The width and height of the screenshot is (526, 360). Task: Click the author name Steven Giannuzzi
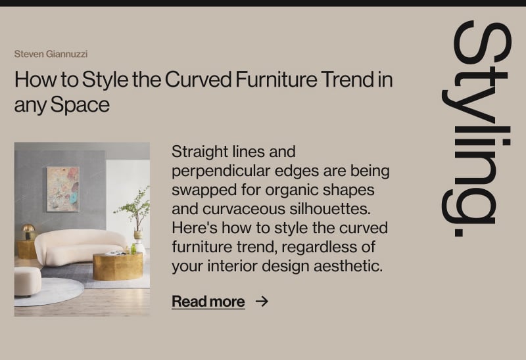tap(51, 54)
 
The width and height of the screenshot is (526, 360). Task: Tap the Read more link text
tap(208, 302)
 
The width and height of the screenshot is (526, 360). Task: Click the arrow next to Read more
tap(262, 302)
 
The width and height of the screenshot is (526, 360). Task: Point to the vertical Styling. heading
tap(476, 129)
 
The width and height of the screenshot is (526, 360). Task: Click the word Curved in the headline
tap(198, 79)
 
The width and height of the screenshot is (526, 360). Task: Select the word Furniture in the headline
tap(276, 79)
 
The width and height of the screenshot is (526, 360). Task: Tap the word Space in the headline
tap(80, 105)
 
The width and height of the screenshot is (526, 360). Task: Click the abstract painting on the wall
tap(63, 189)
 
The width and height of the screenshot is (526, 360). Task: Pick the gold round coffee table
tap(118, 267)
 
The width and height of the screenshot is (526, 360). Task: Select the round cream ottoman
tap(28, 282)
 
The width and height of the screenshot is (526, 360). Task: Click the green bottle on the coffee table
tap(133, 249)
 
